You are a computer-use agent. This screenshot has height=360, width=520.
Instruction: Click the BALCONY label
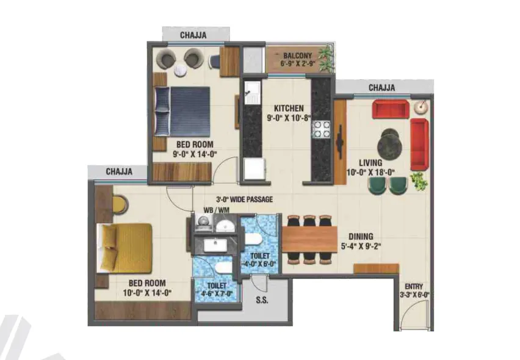click(297, 56)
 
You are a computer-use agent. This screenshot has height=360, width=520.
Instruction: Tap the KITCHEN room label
click(289, 109)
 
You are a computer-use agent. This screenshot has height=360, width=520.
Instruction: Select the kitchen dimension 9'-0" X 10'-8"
click(289, 118)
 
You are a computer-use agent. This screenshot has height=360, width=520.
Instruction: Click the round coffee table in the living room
click(389, 145)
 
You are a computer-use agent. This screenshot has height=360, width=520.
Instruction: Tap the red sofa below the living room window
click(391, 109)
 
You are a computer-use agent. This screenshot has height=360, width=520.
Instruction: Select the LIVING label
click(370, 163)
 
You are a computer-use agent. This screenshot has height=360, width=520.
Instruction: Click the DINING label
click(361, 237)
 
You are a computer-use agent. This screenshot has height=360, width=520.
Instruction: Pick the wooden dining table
click(309, 239)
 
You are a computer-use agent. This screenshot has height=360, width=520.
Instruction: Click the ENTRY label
click(414, 286)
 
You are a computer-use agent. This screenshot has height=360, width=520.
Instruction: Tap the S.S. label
click(262, 300)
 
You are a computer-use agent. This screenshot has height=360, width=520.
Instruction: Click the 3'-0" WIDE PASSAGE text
click(245, 200)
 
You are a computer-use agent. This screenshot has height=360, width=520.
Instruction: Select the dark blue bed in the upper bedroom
click(182, 112)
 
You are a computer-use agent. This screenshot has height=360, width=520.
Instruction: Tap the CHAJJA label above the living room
click(381, 88)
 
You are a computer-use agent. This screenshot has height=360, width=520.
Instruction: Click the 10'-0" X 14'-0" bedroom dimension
click(147, 293)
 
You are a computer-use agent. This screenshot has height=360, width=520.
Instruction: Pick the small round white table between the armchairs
click(181, 70)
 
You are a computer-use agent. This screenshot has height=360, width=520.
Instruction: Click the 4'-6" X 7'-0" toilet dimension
click(217, 293)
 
